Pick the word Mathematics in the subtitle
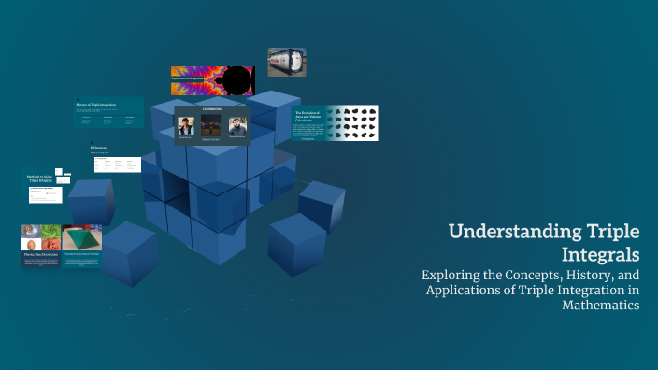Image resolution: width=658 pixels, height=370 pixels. coord(600,306)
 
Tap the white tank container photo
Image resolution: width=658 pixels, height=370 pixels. coord(287,62)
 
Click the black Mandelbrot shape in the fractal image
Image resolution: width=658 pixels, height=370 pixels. coord(237,81)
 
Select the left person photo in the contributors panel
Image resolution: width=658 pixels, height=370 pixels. coord(186,126)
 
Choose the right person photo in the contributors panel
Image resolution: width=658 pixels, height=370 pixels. coord(236,126)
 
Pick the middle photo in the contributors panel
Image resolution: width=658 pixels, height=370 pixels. coord(211,126)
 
